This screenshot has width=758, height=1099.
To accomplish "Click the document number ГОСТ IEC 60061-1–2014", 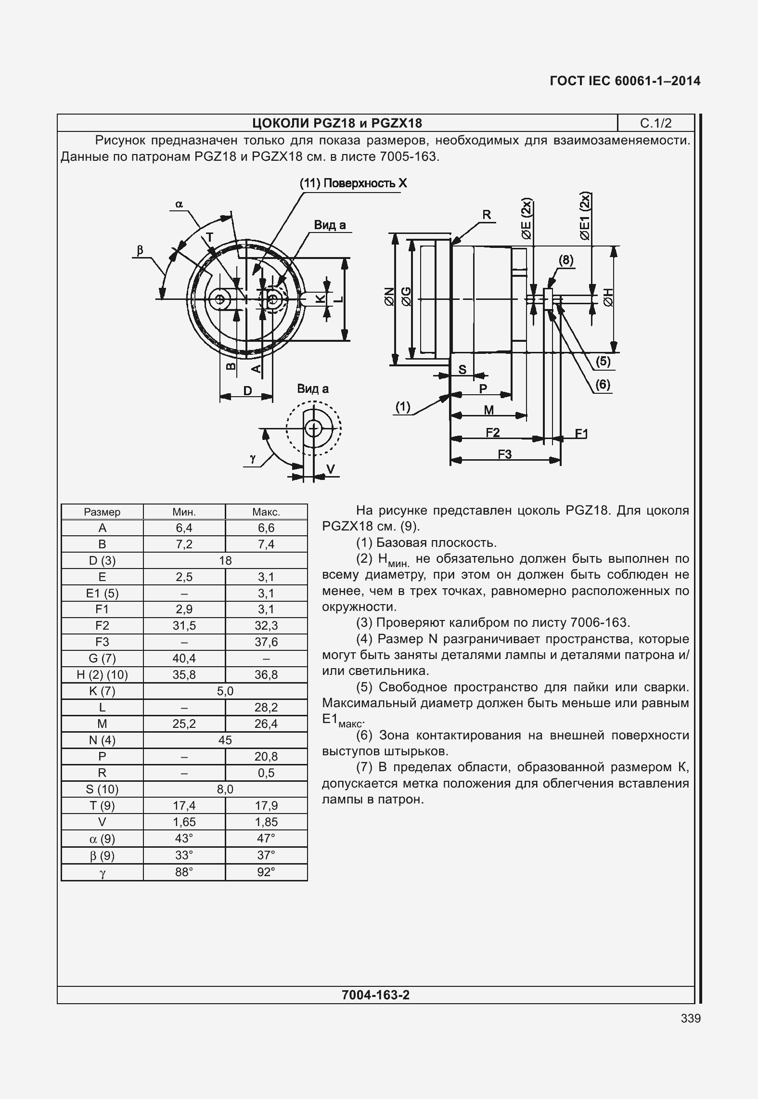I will point(625,81).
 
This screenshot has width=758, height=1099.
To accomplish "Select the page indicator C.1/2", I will point(655,124).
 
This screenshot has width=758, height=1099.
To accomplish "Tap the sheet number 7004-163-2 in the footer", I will point(375,995).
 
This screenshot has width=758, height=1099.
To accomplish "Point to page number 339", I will point(691,1018).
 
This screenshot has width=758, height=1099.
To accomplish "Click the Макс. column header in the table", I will point(266,512).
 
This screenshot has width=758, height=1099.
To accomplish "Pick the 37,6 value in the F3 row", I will point(266,642).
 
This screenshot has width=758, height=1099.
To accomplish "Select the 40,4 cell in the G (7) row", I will point(184,659).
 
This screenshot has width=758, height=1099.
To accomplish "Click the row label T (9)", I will point(102,805).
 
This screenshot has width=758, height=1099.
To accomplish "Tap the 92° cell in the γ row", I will point(266,872).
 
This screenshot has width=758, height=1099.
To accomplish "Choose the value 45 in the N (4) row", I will point(225,740).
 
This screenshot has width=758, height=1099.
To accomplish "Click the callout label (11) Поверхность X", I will point(353,183).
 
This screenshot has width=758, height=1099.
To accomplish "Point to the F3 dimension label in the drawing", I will point(504,454).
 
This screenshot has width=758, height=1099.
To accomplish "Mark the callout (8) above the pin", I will point(565,260).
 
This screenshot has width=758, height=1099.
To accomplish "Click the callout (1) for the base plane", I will point(403,407).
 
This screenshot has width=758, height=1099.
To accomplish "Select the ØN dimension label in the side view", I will point(389,297).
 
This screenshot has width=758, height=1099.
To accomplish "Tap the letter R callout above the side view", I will point(487,215).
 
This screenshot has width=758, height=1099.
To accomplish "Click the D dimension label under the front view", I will point(247,391).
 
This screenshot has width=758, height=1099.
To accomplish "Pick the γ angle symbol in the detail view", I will point(252,459).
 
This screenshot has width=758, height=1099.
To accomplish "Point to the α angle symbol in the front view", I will point(179,205).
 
